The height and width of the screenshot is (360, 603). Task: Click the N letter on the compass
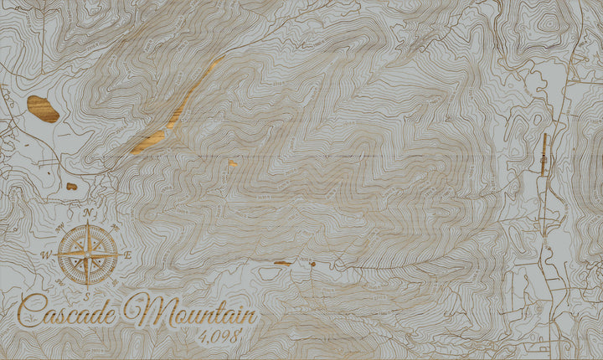(86, 211)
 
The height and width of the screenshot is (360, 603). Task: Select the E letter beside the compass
(127, 255)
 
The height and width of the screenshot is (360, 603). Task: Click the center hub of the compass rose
(87, 253)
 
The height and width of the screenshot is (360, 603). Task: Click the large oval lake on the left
(43, 108)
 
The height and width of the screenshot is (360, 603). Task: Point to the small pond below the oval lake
(71, 186)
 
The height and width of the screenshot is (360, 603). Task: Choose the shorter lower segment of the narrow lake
(147, 142)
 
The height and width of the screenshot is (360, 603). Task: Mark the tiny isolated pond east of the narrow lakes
(232, 163)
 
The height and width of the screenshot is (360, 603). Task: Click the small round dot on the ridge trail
(312, 264)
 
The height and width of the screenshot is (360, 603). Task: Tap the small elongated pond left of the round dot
(282, 263)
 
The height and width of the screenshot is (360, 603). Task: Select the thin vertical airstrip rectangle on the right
(543, 154)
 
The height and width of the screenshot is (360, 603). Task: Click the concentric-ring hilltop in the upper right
(548, 23)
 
